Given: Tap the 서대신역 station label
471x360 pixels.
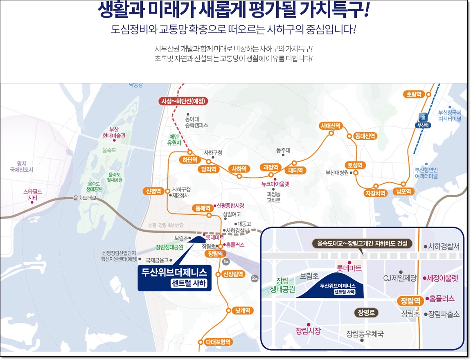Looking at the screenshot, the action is click(x=331, y=126).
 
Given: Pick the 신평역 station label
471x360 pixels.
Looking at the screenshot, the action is click(x=154, y=191).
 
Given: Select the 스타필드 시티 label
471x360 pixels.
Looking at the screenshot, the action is click(x=32, y=195).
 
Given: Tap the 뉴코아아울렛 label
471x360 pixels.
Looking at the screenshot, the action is click(x=275, y=184).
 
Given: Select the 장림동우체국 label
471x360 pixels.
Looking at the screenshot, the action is click(x=365, y=334).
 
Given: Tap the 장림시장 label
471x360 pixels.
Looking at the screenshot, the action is click(x=309, y=331).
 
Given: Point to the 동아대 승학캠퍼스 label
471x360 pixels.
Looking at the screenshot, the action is click(x=196, y=122).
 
